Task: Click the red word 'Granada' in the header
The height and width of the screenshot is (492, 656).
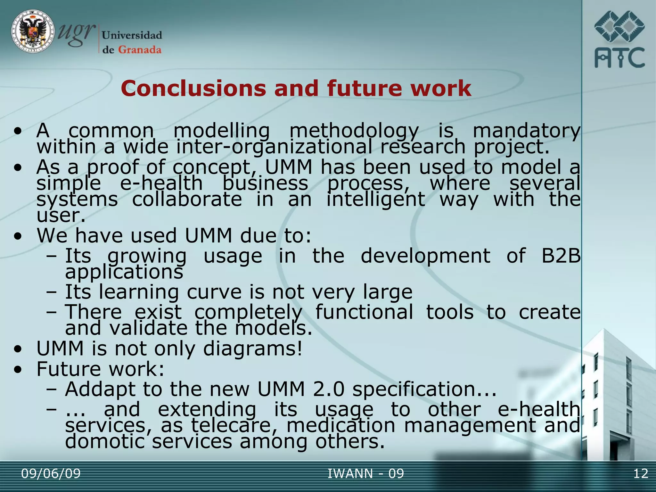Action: click(140, 50)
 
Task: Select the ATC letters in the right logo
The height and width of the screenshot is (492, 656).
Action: click(619, 58)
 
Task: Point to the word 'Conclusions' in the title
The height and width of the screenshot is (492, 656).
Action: click(193, 88)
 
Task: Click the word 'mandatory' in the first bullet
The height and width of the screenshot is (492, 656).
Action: click(526, 131)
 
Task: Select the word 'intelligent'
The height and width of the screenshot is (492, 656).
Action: click(375, 200)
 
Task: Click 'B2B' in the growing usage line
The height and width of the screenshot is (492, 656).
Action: click(561, 256)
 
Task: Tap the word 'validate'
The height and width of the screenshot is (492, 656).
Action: click(148, 328)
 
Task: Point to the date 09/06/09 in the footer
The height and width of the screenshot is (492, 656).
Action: click(51, 473)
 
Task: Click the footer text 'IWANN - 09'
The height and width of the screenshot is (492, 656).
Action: click(365, 473)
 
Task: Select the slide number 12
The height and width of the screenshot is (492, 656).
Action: click(641, 473)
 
